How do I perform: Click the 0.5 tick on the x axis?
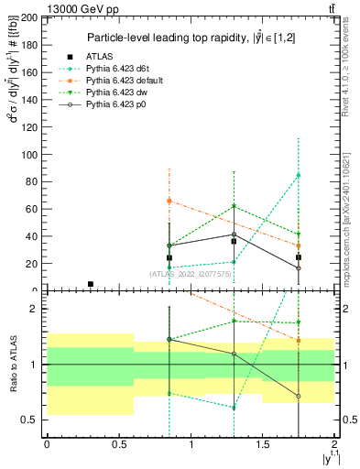coord(118,445)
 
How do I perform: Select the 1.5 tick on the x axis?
coord(262,445)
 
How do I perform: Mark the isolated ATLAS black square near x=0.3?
coord(90,284)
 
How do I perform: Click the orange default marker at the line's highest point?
coord(169,201)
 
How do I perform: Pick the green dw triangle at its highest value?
coord(235,206)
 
